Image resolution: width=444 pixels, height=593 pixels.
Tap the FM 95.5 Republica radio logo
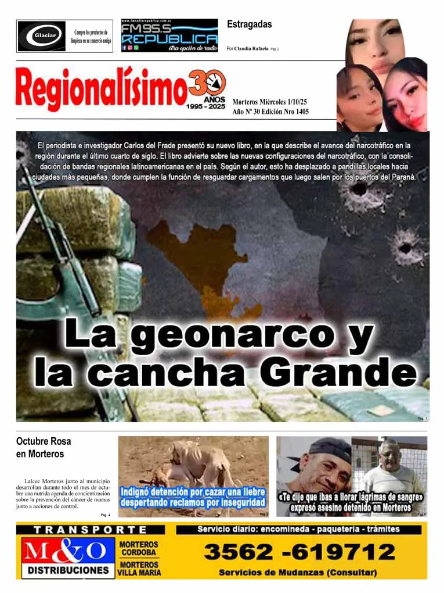tap(169, 35)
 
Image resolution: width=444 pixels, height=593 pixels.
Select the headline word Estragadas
tap(249, 24)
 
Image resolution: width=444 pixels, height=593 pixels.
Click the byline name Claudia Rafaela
tap(251, 49)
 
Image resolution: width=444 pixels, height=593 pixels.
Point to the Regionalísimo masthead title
tap(102, 89)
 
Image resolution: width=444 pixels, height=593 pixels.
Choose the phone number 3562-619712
tap(299, 551)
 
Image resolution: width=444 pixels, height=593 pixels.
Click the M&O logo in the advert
tap(65, 551)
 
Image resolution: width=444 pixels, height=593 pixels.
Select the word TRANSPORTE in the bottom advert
tap(91, 530)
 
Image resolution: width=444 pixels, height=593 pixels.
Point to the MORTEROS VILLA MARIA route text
tap(139, 569)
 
